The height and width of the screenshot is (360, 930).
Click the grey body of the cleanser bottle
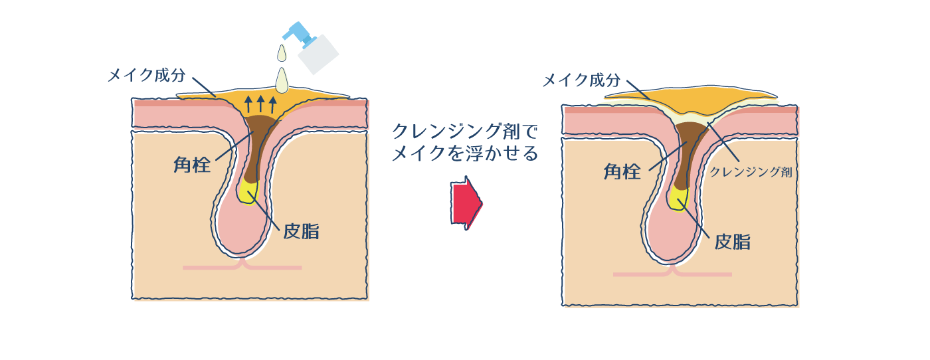click(x=318, y=54)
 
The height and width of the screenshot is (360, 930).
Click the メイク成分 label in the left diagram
click(x=146, y=75)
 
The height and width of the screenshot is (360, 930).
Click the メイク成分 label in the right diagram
click(x=581, y=80)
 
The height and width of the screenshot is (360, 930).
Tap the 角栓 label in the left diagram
click(x=192, y=164)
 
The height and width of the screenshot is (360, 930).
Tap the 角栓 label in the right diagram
click(x=622, y=171)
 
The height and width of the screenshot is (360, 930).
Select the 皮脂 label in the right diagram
click(x=732, y=241)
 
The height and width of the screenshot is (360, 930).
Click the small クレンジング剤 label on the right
click(x=751, y=171)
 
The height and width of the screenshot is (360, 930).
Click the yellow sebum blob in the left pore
click(x=248, y=193)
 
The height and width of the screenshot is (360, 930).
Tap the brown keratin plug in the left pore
click(x=256, y=143)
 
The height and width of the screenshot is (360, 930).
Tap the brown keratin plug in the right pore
click(x=686, y=149)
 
